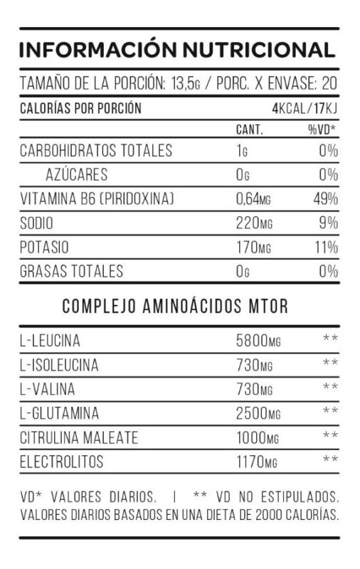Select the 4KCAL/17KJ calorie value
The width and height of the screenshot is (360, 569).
304,109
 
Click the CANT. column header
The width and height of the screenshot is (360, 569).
249,131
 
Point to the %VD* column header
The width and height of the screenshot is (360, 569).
322,131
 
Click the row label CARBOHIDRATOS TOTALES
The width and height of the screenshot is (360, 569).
96,151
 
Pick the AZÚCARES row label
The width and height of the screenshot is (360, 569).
76,175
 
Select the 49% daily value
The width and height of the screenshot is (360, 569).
324,199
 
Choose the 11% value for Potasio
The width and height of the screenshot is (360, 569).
326,248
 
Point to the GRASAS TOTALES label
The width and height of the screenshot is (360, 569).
71,271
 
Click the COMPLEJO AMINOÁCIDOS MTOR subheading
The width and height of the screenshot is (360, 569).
175,307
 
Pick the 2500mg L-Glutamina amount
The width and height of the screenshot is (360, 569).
258,413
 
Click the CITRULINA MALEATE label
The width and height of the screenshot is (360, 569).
79,437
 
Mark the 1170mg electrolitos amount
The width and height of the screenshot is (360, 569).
256,462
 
